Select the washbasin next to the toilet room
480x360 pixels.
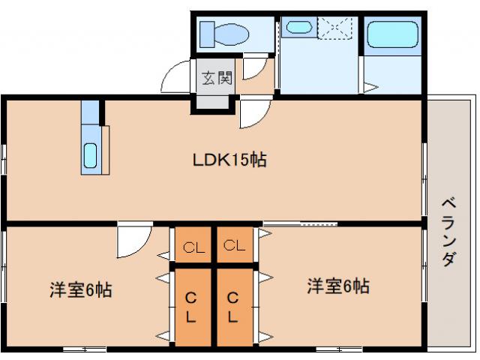click(x=298, y=28)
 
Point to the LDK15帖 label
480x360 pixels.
click(x=230, y=160)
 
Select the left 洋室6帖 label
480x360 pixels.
click(x=81, y=290)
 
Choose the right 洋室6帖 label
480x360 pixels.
click(x=337, y=286)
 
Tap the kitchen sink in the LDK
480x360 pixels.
click(x=90, y=155)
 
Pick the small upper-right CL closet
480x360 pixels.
click(x=235, y=245)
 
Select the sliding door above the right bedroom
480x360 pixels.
click(x=300, y=223)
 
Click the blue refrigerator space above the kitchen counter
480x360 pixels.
click(x=90, y=112)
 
